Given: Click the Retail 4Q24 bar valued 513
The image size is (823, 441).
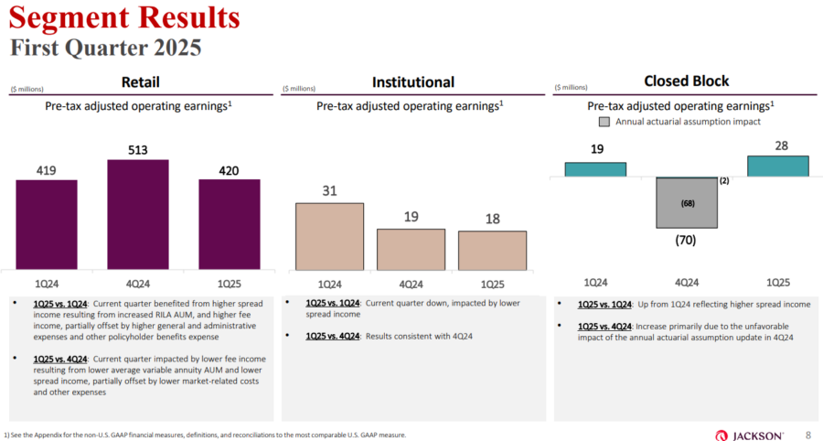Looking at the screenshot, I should [138, 214].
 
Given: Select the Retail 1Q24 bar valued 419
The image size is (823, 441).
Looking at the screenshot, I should [47, 224].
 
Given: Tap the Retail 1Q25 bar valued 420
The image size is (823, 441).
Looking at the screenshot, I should [230, 224].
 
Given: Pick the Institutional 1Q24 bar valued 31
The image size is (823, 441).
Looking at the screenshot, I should [329, 236].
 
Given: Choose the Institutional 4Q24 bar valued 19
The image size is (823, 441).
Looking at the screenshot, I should [411, 249].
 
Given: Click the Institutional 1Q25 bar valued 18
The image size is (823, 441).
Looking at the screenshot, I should [492, 250].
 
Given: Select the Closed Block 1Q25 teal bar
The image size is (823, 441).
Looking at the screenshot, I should [777, 166].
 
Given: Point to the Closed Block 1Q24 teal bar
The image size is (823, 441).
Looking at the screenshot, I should [595, 169].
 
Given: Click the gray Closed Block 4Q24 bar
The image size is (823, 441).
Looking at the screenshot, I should [686, 203].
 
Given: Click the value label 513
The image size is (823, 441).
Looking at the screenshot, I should [138, 150].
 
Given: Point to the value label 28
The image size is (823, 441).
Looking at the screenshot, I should [777, 146].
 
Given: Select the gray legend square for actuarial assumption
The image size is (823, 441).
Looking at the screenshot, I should [604, 121].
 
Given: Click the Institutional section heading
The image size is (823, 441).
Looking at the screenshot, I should [413, 82].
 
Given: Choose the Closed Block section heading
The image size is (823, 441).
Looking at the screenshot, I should [686, 81].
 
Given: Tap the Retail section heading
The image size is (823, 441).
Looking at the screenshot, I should [140, 82].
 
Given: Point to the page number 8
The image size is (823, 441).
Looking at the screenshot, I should [807, 435].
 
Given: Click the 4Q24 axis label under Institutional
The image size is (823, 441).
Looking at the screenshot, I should [411, 283].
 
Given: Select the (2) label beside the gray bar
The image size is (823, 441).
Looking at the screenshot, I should [723, 181].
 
